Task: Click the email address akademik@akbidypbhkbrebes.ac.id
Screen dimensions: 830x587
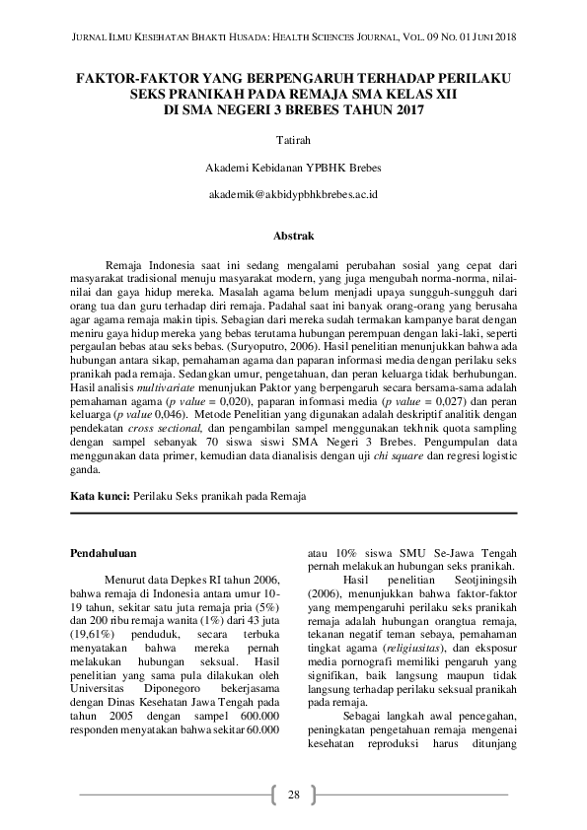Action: point(293,194)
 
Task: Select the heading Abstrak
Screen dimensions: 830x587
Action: point(293,237)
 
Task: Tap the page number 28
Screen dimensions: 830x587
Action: point(293,795)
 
